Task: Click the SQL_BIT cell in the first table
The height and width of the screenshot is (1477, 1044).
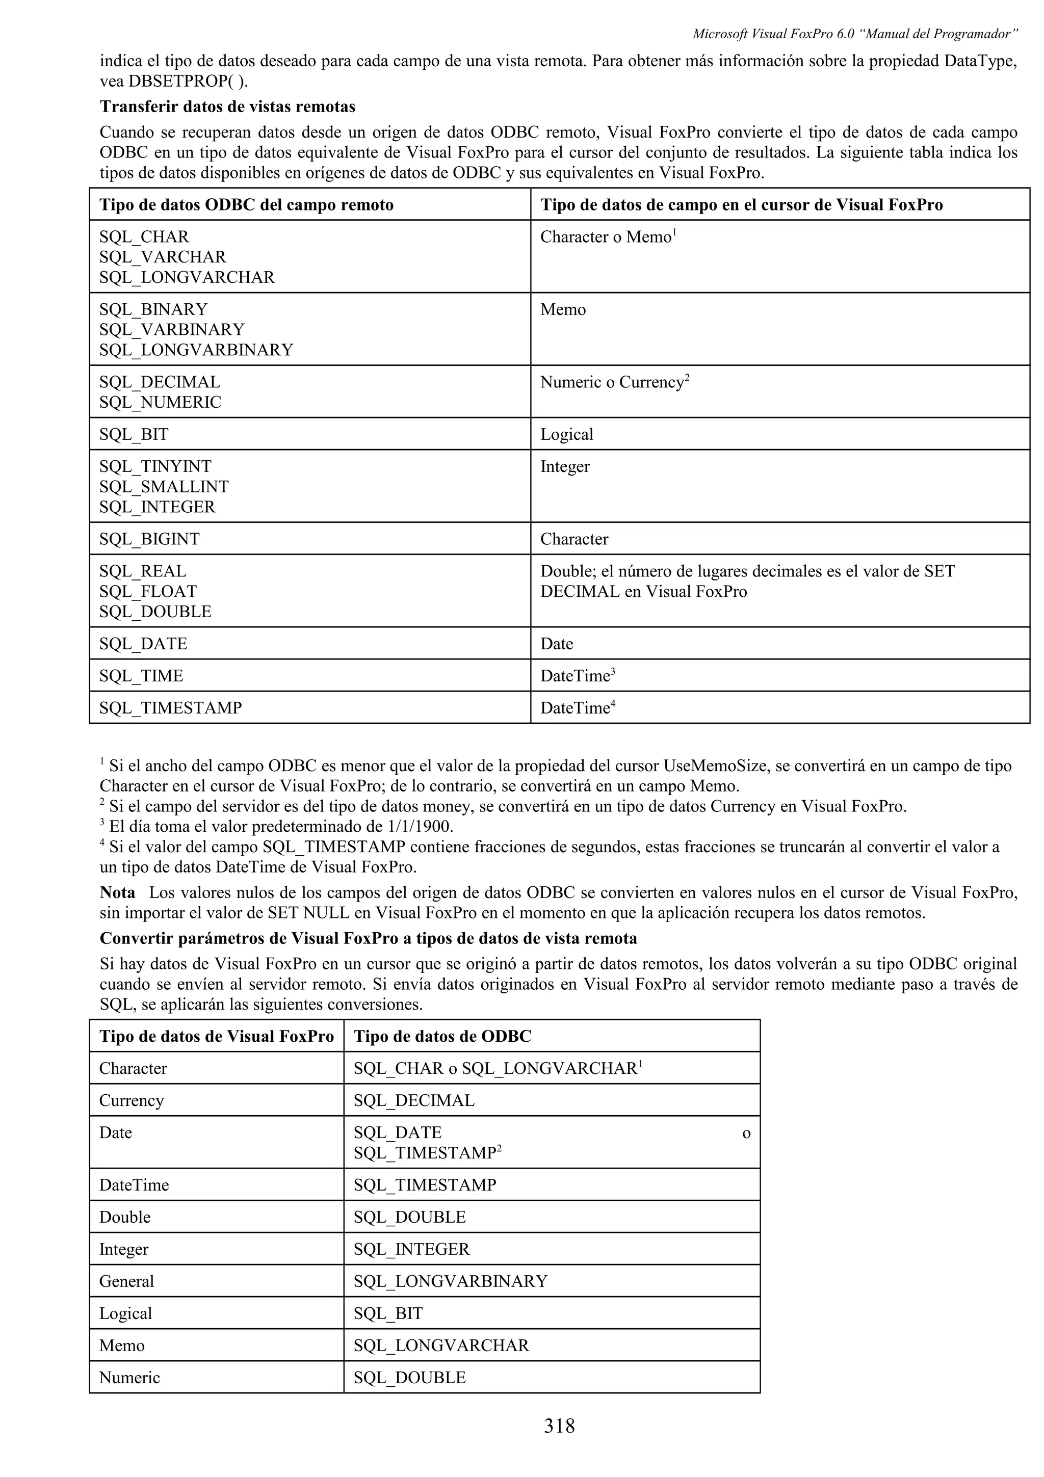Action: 134,434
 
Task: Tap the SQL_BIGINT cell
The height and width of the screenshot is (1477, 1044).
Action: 149,539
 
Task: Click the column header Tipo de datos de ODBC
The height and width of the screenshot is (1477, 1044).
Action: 442,1036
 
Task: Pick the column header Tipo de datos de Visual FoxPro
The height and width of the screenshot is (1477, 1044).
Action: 216,1036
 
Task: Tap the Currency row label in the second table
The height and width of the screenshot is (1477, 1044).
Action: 131,1101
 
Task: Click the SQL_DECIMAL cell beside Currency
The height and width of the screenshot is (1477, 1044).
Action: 413,1101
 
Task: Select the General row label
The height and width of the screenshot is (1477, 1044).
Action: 127,1281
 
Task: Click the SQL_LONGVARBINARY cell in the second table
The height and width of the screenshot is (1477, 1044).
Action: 450,1281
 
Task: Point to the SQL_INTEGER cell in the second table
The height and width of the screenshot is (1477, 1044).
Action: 412,1249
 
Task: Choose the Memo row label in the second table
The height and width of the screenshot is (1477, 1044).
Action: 121,1345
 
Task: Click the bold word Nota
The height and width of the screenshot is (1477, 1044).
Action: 117,893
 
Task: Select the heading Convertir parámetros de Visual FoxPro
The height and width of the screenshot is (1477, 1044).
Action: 368,939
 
